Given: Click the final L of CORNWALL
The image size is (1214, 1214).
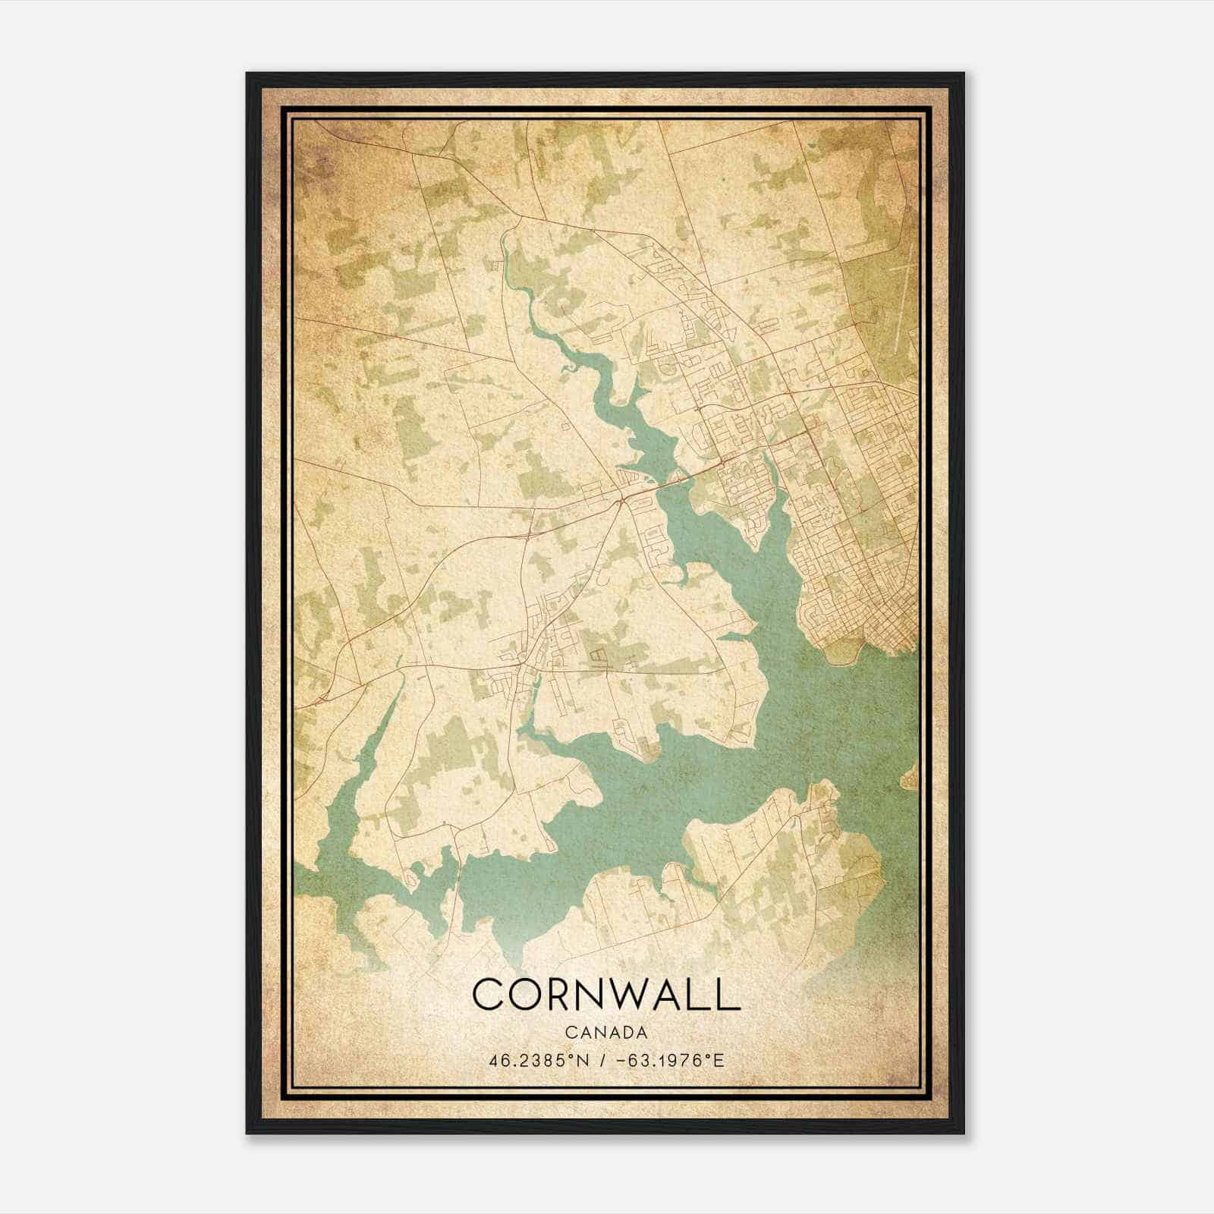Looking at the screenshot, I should pyautogui.click(x=729, y=994).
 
